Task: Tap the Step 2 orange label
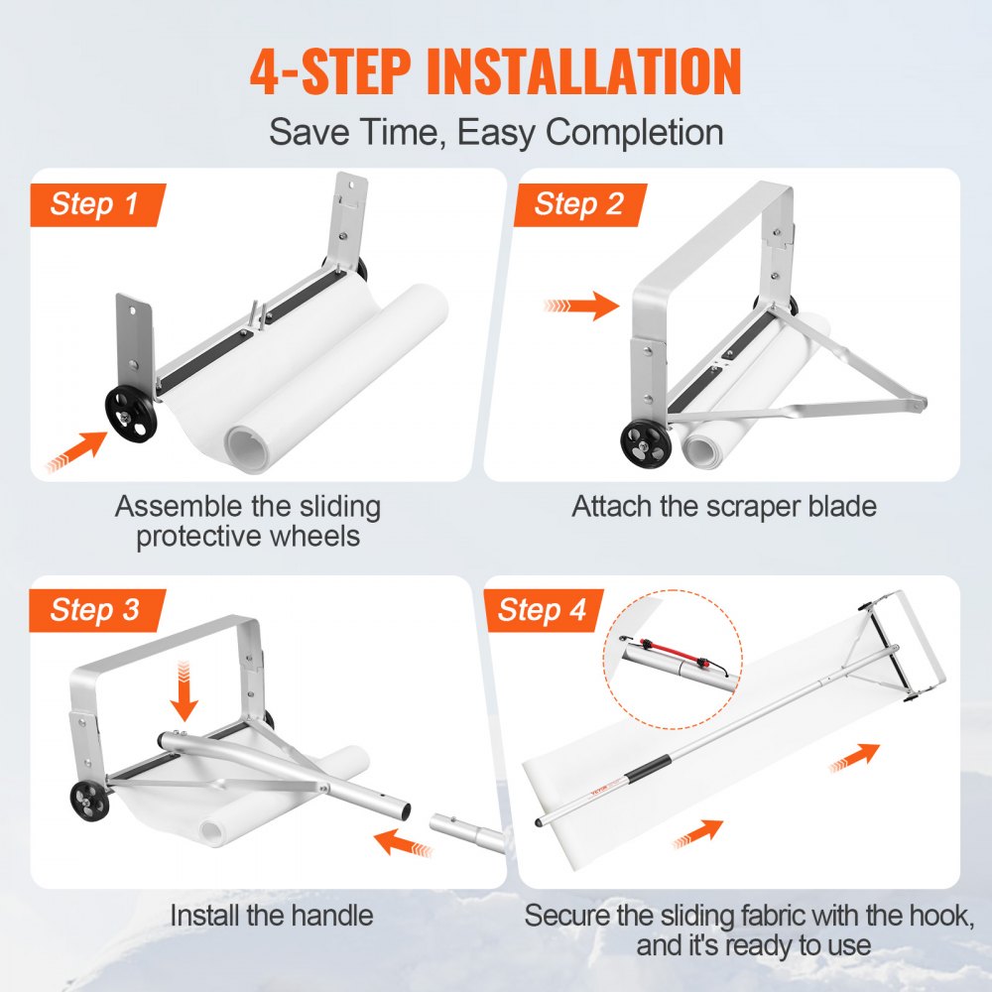click(578, 205)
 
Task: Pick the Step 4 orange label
click(543, 610)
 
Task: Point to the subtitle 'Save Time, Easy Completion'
click(496, 132)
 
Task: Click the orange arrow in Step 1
click(76, 451)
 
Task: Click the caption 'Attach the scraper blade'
click(724, 507)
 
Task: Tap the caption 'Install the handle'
click(271, 914)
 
